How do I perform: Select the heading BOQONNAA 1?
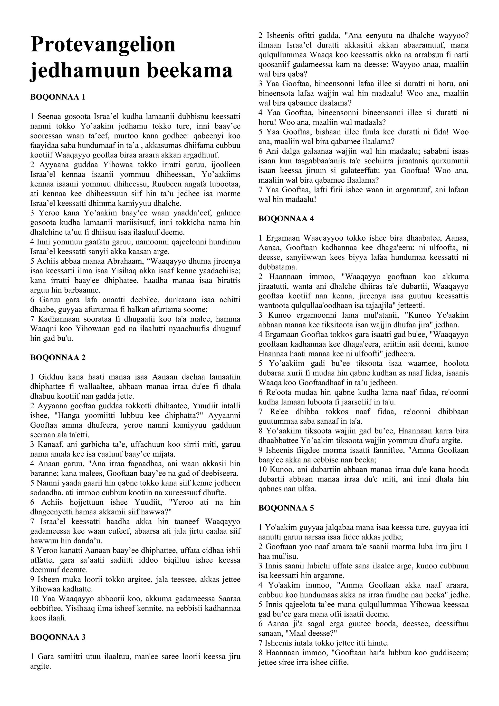point(58,98)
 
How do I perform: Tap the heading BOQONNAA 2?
point(58,358)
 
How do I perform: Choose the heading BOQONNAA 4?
point(286,219)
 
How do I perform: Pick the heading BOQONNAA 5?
point(286,508)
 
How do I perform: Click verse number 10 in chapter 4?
point(262,470)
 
